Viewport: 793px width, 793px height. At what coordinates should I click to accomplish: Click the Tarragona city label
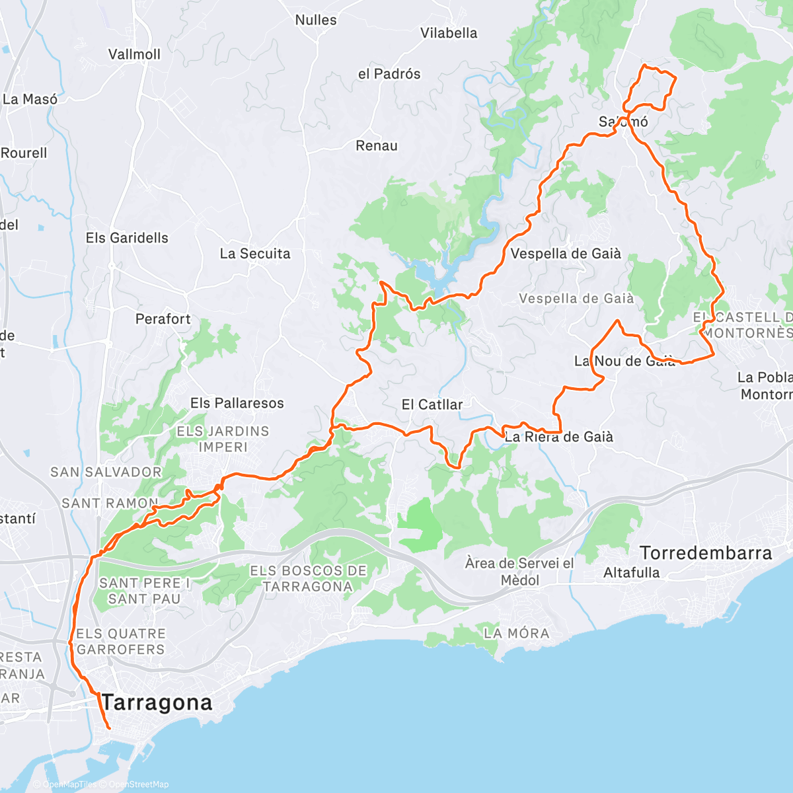(x=157, y=702)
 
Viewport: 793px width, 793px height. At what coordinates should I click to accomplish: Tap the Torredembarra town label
(x=706, y=553)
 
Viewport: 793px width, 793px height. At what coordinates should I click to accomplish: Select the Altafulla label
(x=631, y=573)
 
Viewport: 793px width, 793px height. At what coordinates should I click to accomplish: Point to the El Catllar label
(x=432, y=404)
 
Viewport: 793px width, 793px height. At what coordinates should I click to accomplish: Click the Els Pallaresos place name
(x=237, y=403)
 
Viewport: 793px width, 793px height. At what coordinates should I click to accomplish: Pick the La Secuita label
(x=255, y=254)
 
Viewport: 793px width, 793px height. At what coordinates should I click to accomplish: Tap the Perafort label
(x=163, y=319)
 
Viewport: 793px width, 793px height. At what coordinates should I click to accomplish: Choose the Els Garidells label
(x=127, y=238)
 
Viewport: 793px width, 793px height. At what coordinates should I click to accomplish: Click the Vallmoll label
(x=134, y=54)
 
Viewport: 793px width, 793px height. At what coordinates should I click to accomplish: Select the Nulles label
(x=316, y=20)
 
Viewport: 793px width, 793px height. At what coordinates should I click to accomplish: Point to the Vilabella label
(x=449, y=33)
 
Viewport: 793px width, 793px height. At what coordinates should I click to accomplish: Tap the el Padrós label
(x=389, y=74)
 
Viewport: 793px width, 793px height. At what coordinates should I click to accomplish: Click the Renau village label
(x=377, y=146)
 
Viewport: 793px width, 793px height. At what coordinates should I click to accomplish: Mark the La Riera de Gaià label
(x=559, y=437)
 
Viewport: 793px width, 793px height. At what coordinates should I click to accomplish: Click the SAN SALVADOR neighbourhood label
(x=106, y=472)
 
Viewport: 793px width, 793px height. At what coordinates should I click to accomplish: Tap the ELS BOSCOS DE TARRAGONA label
(x=308, y=578)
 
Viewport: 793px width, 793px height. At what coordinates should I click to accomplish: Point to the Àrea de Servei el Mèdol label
(x=519, y=572)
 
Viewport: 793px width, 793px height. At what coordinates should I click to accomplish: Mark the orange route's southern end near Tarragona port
(x=108, y=728)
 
